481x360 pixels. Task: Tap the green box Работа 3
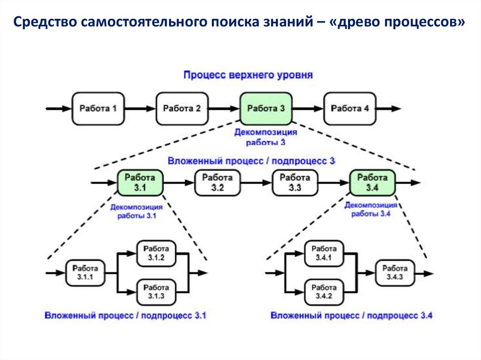(x=266, y=108)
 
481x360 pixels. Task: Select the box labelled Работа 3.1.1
(x=85, y=273)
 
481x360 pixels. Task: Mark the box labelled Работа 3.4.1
(x=324, y=253)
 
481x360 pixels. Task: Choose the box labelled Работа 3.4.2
(x=324, y=291)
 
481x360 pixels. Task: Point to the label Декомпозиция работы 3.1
(x=137, y=211)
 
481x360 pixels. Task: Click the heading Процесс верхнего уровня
(x=248, y=75)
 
